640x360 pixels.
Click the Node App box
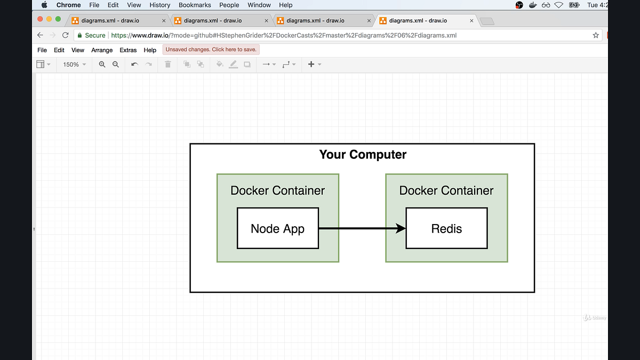(x=277, y=228)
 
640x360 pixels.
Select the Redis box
(x=446, y=228)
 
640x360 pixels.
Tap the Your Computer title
(x=363, y=155)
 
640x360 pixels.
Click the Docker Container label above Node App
(x=277, y=190)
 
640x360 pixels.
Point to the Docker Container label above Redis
(x=446, y=190)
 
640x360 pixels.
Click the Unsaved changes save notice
(x=211, y=50)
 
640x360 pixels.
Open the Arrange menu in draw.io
(x=102, y=50)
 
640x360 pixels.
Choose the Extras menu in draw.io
(x=128, y=50)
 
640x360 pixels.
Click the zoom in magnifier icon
(x=102, y=65)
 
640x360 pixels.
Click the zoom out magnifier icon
(x=116, y=65)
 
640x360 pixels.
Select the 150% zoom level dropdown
(x=74, y=65)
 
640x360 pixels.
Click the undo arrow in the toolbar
(x=134, y=65)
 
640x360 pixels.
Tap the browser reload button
(x=66, y=35)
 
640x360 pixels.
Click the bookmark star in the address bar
(x=596, y=35)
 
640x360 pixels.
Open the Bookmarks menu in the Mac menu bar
(x=195, y=5)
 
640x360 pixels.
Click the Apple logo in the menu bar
(x=44, y=5)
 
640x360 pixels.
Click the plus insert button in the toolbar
(x=311, y=65)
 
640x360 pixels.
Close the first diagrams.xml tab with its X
(x=164, y=21)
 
